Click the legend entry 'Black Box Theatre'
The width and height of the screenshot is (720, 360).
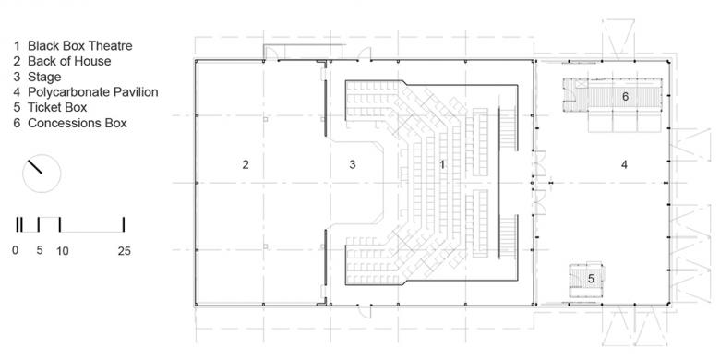pos(80,46)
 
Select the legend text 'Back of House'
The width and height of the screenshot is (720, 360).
pos(69,61)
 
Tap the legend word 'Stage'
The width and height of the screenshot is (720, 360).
pos(44,77)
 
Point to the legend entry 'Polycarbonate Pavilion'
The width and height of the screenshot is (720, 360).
pos(92,92)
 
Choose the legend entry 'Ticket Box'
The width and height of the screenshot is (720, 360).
pos(57,107)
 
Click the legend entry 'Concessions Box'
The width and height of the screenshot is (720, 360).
pos(78,123)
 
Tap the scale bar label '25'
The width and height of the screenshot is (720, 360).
pos(124,251)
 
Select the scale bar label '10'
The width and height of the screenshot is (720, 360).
pos(63,251)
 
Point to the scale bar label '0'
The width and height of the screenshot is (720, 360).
pos(16,251)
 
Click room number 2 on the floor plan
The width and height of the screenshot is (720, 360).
pos(246,164)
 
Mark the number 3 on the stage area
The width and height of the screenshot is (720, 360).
pos(353,164)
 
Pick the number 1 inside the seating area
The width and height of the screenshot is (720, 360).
pos(442,164)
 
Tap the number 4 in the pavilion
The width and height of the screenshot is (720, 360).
pos(624,164)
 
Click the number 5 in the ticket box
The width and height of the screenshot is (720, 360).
pos(591,278)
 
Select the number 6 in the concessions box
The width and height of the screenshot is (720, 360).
pos(625,96)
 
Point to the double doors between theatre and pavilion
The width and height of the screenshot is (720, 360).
pos(540,182)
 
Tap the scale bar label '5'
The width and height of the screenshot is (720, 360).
pos(40,251)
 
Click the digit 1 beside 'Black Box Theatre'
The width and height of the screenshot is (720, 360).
pos(17,46)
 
